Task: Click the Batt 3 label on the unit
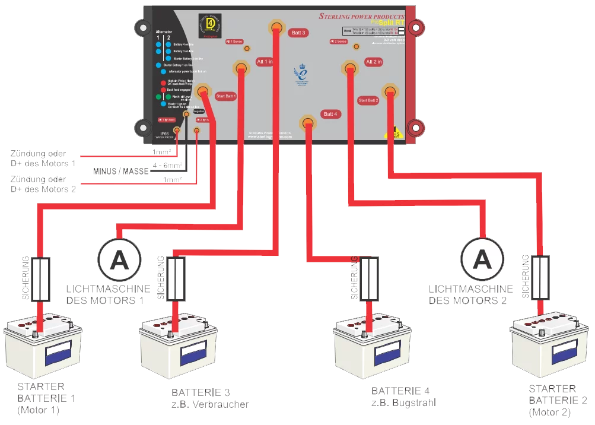tap(298, 33)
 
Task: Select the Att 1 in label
tap(265, 62)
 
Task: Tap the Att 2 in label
tap(374, 62)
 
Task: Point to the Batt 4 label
tap(330, 113)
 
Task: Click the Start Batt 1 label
tap(226, 96)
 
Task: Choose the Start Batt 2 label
tap(368, 100)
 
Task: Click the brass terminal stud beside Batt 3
tap(276, 27)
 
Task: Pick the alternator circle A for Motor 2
tap(483, 259)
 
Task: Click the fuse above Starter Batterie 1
tap(41, 279)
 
